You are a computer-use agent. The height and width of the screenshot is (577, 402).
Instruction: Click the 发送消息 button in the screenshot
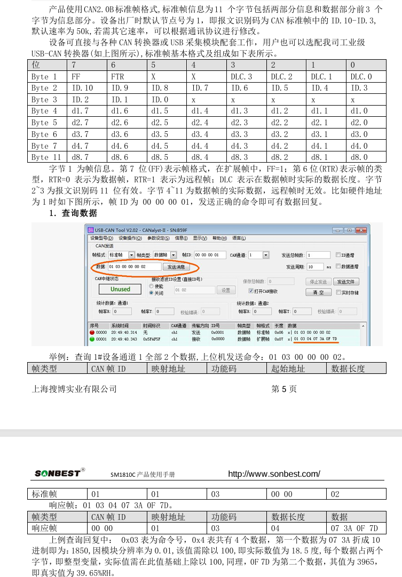click(x=176, y=266)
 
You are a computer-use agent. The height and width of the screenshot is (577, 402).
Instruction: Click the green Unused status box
click(x=120, y=289)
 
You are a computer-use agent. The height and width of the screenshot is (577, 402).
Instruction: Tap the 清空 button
click(x=318, y=292)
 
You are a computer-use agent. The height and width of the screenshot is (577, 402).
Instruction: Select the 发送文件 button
click(x=346, y=282)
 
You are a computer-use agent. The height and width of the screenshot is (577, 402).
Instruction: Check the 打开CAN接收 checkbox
click(x=251, y=291)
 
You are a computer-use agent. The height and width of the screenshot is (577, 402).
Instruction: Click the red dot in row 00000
click(x=92, y=332)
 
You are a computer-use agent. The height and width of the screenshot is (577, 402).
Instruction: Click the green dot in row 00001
click(x=92, y=339)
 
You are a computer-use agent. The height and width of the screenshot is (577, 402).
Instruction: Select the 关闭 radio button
click(x=152, y=293)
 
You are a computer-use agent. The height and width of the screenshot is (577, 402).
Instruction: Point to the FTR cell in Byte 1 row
click(x=117, y=76)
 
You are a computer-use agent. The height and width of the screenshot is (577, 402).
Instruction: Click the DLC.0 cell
click(x=361, y=76)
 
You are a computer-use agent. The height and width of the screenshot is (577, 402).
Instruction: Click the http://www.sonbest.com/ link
click(x=274, y=474)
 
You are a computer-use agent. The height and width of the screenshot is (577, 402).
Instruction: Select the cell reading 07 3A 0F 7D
click(x=354, y=528)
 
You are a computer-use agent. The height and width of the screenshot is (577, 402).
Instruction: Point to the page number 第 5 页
click(x=284, y=389)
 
